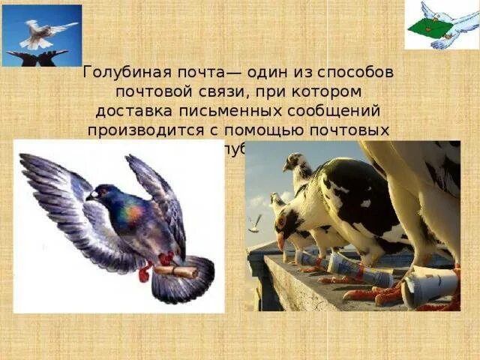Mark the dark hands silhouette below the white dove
click(x=37, y=58)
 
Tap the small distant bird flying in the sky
click(x=256, y=222)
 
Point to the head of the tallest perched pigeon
click(x=295, y=161)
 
